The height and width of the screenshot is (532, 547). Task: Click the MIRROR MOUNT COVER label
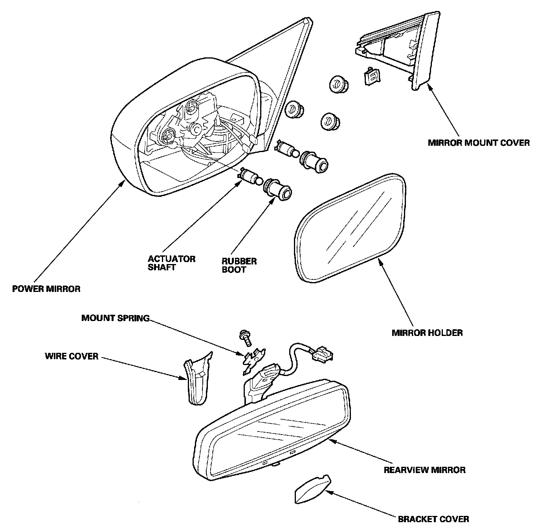(x=478, y=142)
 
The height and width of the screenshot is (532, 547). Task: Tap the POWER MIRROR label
(x=46, y=289)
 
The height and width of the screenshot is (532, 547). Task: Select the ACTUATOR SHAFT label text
(x=172, y=263)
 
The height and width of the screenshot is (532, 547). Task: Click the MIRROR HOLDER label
(x=427, y=333)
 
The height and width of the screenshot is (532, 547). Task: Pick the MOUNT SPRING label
(x=115, y=318)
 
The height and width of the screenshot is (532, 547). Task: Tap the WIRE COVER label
(x=72, y=357)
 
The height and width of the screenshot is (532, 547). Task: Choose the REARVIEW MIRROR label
(x=424, y=470)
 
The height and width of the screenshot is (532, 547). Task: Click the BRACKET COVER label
(x=433, y=519)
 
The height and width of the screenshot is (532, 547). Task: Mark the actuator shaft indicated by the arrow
(x=250, y=176)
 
